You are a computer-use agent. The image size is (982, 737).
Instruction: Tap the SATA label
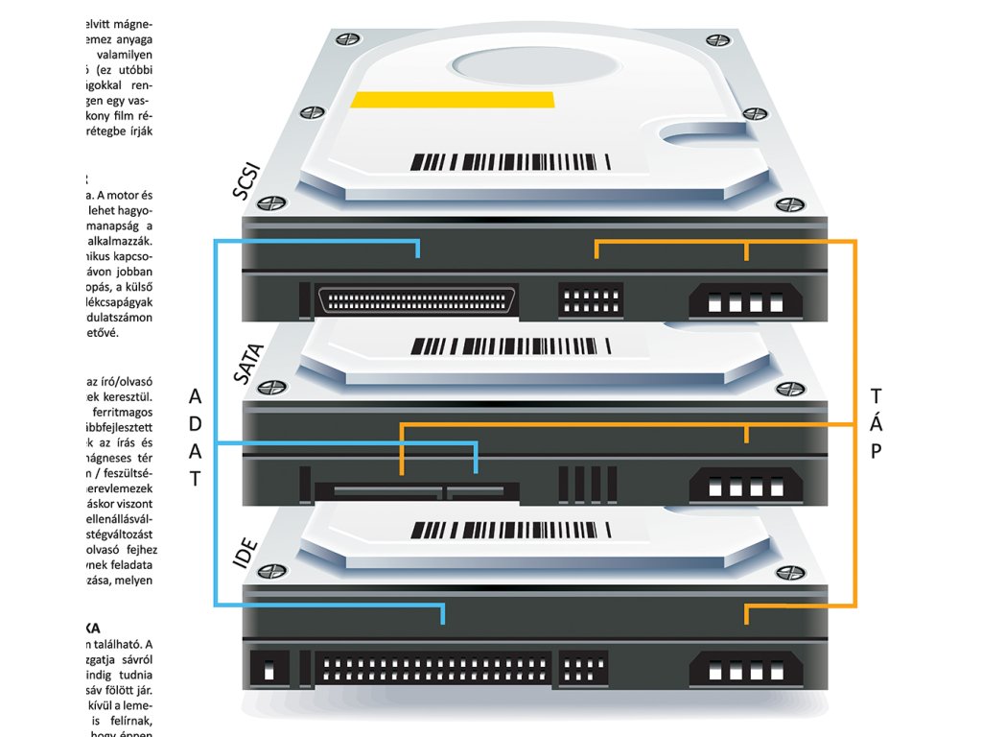point(247,366)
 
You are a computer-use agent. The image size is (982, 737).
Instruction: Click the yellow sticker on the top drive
point(453,99)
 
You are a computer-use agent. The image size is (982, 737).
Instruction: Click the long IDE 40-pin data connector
point(433,669)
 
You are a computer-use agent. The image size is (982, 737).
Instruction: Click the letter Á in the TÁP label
point(876,423)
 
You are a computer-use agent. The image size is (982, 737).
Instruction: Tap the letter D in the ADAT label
point(195,424)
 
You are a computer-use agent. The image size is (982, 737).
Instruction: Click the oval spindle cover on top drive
point(510,66)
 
